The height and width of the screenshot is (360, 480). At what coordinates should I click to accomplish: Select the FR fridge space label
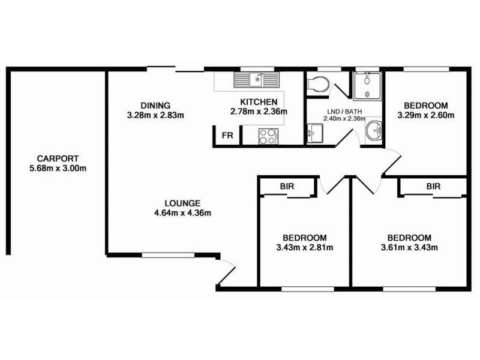[227, 136]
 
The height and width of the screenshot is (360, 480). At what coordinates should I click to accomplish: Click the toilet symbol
[316, 85]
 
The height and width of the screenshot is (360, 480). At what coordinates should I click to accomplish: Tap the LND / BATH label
[338, 111]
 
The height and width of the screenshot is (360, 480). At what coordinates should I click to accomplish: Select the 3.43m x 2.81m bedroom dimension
[305, 247]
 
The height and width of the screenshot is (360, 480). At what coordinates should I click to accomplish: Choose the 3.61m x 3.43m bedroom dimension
[409, 247]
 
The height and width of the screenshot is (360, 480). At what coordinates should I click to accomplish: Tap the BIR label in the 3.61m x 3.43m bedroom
[433, 187]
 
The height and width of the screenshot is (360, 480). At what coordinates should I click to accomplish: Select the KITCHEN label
[259, 101]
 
